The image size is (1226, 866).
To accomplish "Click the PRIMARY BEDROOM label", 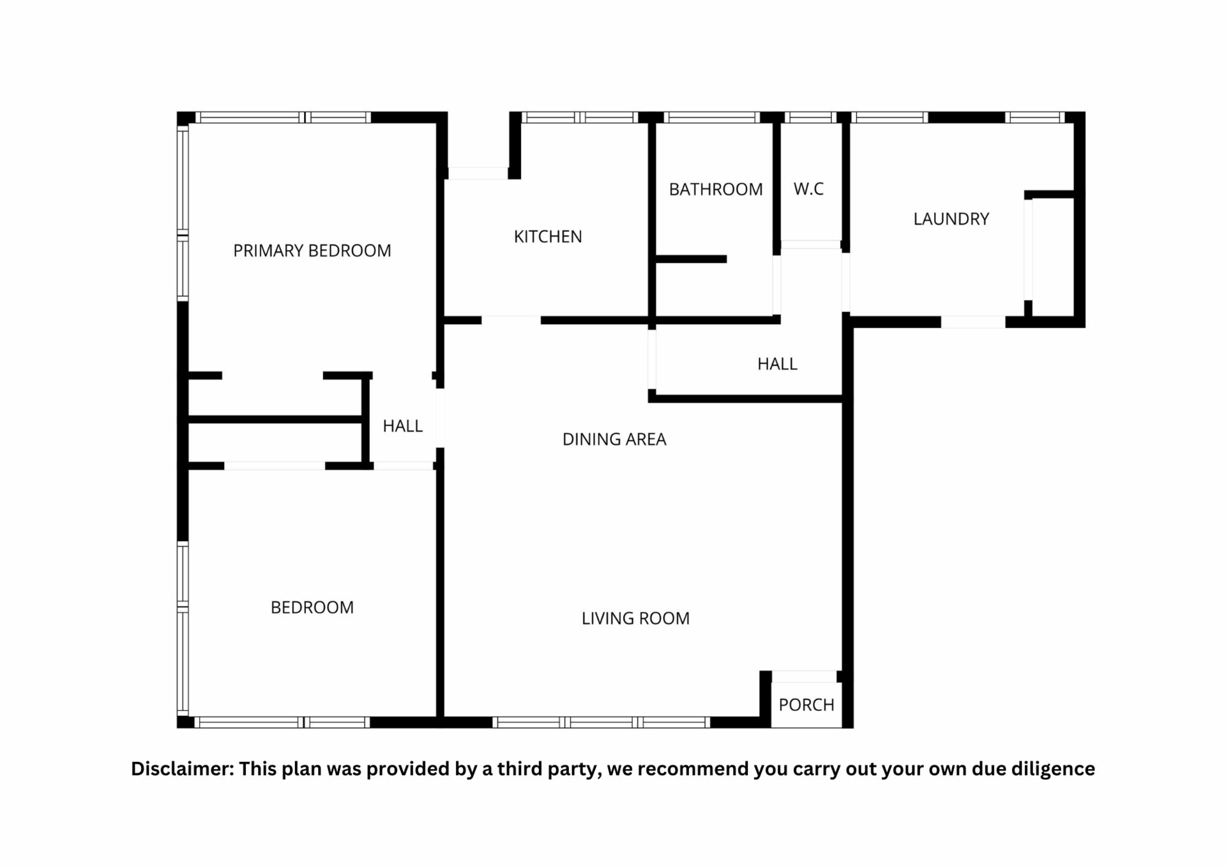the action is (312, 251).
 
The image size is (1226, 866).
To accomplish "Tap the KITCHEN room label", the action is (548, 237).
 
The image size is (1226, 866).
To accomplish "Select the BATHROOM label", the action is (716, 190).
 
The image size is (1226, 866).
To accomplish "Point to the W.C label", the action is (808, 189).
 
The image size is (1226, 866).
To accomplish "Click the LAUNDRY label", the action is (951, 219).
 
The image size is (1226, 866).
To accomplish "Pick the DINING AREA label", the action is (614, 439).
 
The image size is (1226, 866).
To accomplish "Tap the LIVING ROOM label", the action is (635, 618).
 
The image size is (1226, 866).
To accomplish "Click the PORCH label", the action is (806, 705).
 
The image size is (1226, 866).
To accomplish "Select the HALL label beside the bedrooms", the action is (402, 426).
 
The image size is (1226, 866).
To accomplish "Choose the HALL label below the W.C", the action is (777, 364).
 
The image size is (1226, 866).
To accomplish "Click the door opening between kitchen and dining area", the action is (511, 320).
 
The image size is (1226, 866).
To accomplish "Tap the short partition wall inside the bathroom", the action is (692, 259).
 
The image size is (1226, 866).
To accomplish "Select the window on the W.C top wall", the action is (810, 117).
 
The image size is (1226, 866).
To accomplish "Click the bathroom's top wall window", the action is (711, 117).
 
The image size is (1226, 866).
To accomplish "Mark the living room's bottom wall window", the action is (601, 722).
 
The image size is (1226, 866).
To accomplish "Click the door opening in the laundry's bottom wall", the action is (973, 322).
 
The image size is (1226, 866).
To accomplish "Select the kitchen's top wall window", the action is (580, 117).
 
